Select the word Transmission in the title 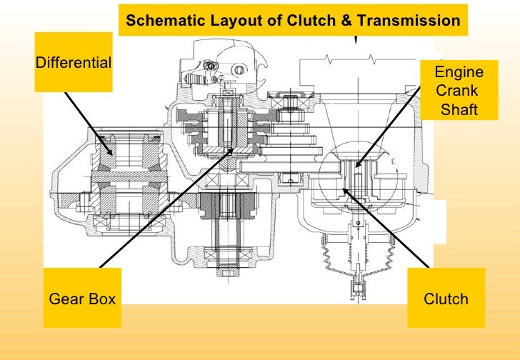[x=409, y=21]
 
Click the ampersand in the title [x=346, y=21]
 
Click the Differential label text [x=73, y=62]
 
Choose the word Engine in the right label [x=459, y=73]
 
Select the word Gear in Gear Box [x=65, y=299]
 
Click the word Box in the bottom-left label [x=101, y=299]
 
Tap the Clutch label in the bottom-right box [x=446, y=299]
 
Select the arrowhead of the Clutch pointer [x=344, y=189]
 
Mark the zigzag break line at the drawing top [x=371, y=58]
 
